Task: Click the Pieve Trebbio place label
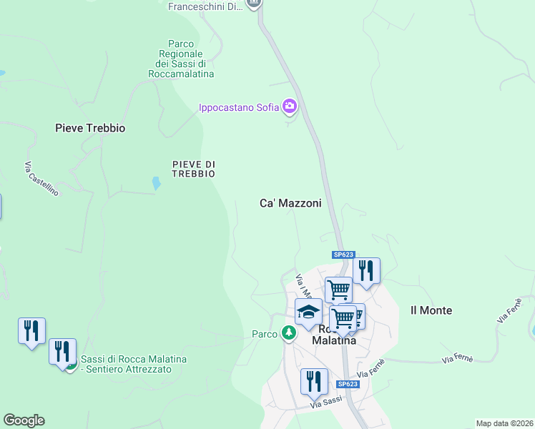pos(90,128)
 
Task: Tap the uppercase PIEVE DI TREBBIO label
pos(194,169)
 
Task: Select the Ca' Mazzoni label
pos(290,203)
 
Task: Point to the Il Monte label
pos(431,310)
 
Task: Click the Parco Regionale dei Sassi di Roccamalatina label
pos(181,59)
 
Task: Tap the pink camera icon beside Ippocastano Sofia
pos(290,107)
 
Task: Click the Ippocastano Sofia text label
pos(239,108)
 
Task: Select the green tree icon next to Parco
pos(288,333)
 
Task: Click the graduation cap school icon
pos(309,312)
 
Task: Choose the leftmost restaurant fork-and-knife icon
pos(31,331)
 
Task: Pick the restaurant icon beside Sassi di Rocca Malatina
pos(62,352)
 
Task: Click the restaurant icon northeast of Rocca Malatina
pos(366,271)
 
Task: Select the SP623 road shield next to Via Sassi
pos(347,384)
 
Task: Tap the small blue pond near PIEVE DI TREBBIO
pos(156,183)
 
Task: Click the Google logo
pos(24,420)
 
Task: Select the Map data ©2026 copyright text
pos(504,423)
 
